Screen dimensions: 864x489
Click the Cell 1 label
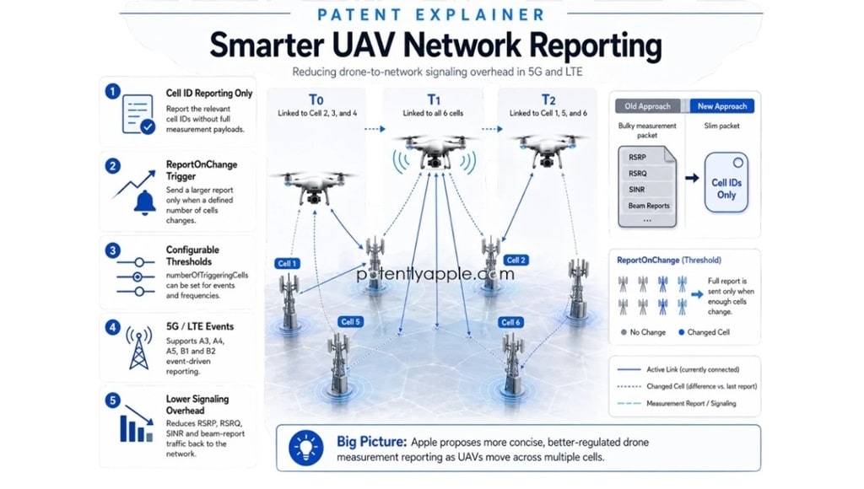tap(287, 263)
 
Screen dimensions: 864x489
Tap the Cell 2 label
tap(516, 260)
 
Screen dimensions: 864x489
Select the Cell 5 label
tap(350, 321)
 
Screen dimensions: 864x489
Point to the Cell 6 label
tap(510, 322)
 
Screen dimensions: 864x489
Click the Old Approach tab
tap(647, 106)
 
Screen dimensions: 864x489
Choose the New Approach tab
tap(722, 106)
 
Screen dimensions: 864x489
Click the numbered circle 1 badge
tap(112, 91)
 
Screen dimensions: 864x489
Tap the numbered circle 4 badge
tap(112, 328)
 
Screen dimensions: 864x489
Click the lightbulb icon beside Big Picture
tap(305, 449)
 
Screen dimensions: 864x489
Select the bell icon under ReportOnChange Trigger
tap(145, 202)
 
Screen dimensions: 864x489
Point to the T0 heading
tap(316, 99)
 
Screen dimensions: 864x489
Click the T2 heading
tap(548, 99)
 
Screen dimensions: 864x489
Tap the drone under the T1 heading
tap(434, 152)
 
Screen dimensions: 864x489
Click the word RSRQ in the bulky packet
tap(638, 174)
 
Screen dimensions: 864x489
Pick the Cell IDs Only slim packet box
tap(726, 182)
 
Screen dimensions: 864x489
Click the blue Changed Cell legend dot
tap(682, 332)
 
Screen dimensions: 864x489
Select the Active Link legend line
tap(629, 369)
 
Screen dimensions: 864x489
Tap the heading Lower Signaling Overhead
tap(197, 405)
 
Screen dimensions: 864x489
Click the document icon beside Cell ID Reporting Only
tap(138, 115)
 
